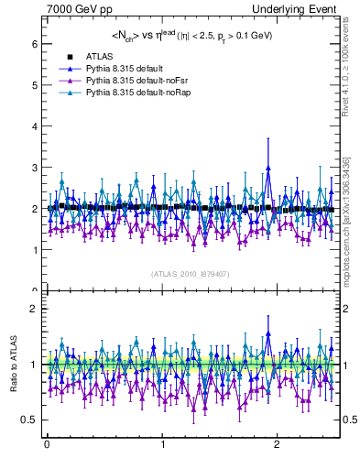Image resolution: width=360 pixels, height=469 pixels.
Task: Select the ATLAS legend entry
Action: pyautogui.click(x=101, y=58)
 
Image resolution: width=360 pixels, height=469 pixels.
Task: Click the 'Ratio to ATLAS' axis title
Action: pyautogui.click(x=14, y=365)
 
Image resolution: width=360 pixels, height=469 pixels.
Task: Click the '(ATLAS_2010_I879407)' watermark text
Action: pyautogui.click(x=189, y=274)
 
